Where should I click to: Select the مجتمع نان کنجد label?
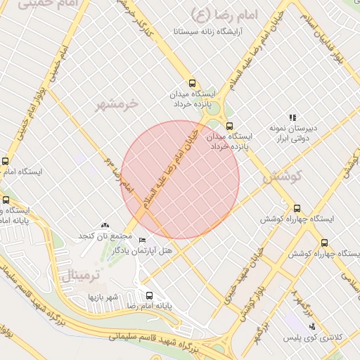tap(105, 234)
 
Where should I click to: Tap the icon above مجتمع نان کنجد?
tap(105, 224)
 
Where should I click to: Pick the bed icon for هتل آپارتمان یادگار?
tap(143, 240)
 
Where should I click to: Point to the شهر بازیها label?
tap(104, 297)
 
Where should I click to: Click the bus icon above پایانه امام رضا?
tap(149, 295)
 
